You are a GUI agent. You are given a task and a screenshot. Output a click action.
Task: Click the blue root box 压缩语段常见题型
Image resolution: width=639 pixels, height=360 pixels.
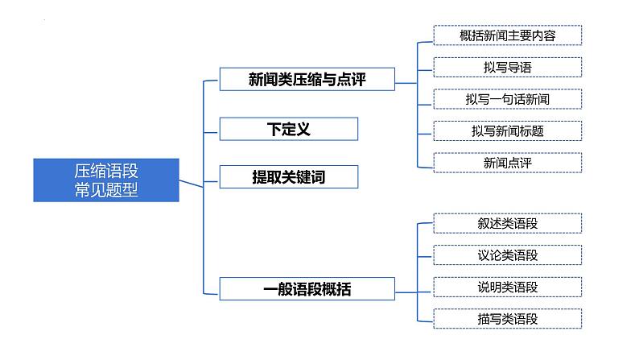(x=106, y=180)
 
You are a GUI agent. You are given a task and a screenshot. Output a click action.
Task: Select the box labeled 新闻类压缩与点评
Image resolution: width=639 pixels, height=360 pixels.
(x=307, y=79)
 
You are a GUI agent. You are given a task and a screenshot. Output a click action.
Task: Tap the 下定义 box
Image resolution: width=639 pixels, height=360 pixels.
(x=288, y=128)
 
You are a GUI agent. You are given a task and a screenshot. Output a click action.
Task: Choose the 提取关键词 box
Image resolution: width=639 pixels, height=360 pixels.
(x=288, y=176)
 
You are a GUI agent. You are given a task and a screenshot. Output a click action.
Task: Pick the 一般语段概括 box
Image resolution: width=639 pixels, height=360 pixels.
(x=307, y=288)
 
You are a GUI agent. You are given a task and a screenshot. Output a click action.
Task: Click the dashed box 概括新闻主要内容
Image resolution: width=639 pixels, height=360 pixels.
(x=507, y=35)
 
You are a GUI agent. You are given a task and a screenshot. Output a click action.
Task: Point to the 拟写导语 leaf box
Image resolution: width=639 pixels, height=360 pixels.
(x=507, y=67)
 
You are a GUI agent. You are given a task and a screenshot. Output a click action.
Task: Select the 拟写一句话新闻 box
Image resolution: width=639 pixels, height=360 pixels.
(x=507, y=98)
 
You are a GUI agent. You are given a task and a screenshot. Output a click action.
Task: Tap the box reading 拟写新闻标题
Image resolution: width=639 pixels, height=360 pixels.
(x=507, y=130)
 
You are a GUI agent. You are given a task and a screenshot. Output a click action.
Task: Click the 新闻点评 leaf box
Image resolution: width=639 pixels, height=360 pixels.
(x=507, y=161)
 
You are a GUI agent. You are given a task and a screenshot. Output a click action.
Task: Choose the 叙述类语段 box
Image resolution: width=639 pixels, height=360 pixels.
(x=507, y=223)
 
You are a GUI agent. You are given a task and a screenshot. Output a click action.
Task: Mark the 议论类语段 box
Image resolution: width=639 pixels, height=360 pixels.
(x=507, y=254)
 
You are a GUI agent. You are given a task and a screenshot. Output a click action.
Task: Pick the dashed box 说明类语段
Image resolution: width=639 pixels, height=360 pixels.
(x=507, y=286)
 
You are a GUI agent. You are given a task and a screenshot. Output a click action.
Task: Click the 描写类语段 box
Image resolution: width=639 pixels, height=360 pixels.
(x=507, y=318)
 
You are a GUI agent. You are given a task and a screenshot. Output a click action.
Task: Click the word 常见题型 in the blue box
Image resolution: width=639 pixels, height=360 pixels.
(x=106, y=190)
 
